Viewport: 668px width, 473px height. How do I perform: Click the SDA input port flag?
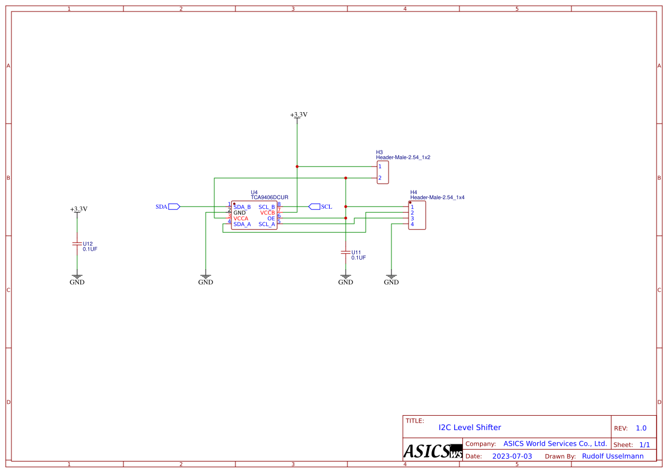coord(174,206)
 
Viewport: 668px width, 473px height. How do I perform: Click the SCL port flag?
coord(314,206)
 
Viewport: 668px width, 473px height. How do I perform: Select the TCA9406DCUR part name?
coord(269,197)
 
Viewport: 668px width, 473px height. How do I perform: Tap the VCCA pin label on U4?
coord(241,218)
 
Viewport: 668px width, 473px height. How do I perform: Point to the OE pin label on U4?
coord(271,218)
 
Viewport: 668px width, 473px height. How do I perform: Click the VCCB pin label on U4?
coord(267,213)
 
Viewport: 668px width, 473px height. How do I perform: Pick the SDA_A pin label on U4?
coord(242,224)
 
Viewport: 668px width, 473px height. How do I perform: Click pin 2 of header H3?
coord(379,178)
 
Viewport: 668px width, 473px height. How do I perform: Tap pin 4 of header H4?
coord(412,224)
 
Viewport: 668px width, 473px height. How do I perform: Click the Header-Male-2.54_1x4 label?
coord(437,197)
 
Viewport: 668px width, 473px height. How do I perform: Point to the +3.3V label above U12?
coord(78,209)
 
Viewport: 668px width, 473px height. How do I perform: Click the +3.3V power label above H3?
coord(298,115)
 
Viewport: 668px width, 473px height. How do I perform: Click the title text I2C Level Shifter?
coord(470,427)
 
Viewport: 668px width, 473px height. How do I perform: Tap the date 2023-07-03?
coord(512,456)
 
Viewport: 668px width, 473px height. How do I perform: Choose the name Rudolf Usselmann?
coord(613,456)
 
